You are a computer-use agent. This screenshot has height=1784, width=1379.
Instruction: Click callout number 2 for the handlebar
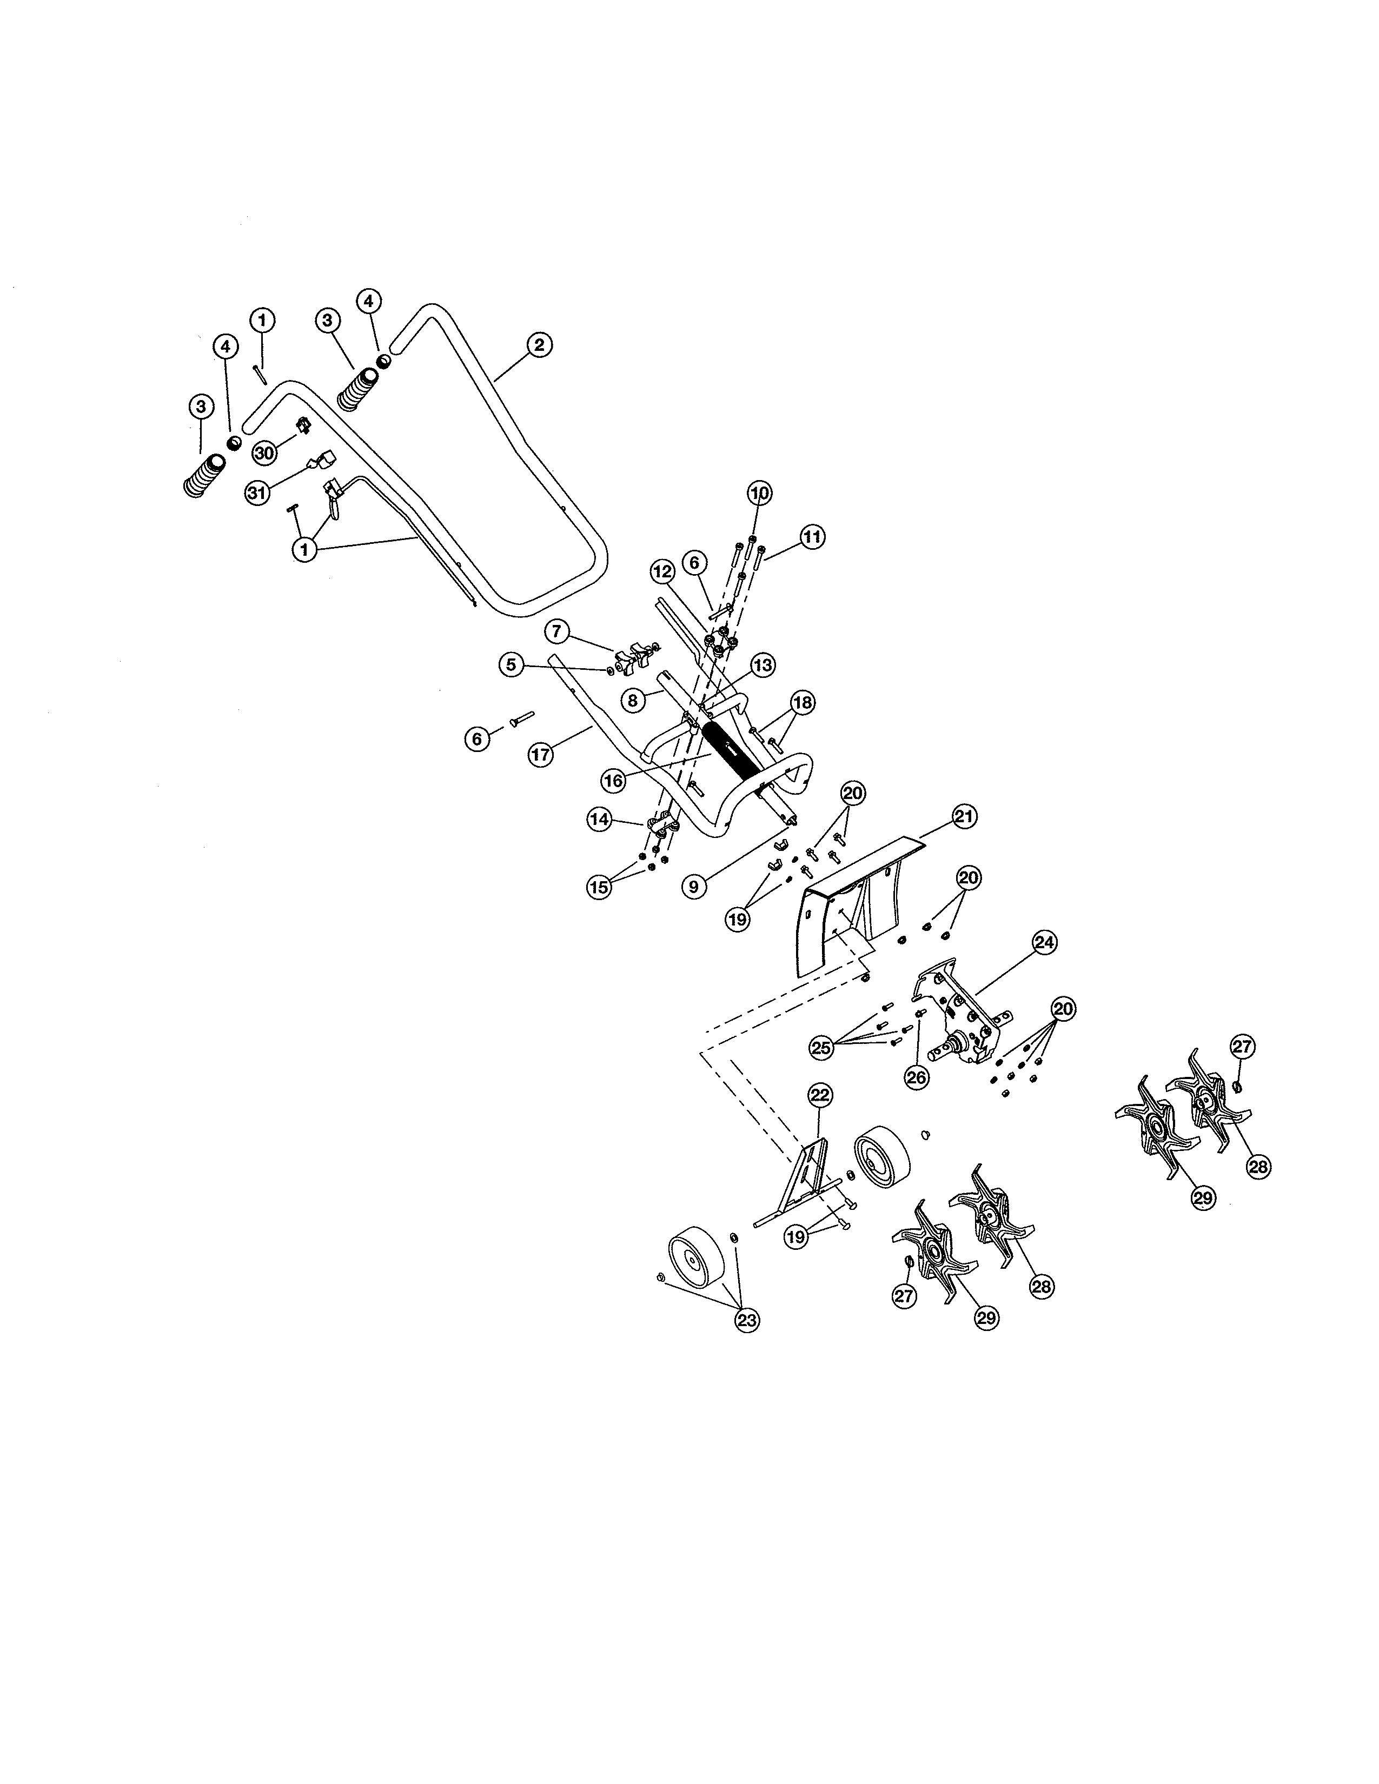click(539, 345)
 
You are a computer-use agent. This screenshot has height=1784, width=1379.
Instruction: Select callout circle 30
click(264, 452)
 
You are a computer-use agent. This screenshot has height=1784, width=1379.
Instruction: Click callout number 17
click(540, 755)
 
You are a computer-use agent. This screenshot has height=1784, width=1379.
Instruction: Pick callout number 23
click(747, 1320)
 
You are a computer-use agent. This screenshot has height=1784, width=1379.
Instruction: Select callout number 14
click(600, 820)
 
